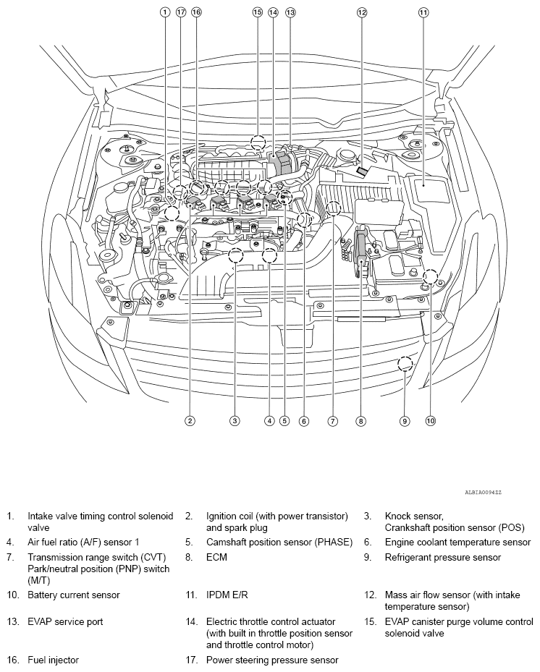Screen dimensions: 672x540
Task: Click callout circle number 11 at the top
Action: point(423,12)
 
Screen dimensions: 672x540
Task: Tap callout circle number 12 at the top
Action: point(362,12)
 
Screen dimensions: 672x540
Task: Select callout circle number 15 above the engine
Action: point(257,12)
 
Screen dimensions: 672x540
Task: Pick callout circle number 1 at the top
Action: point(165,12)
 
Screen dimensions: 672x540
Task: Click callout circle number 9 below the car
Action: point(405,420)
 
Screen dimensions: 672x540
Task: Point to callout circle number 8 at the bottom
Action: point(360,420)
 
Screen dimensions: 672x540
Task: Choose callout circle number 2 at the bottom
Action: point(190,420)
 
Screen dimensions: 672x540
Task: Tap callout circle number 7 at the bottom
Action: point(333,420)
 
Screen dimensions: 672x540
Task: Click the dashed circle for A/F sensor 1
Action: point(269,255)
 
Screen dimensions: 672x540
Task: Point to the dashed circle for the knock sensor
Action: point(235,255)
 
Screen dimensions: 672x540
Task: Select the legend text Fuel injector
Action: point(54,660)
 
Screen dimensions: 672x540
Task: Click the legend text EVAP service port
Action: point(65,621)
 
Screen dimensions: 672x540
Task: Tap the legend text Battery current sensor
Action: point(74,595)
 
